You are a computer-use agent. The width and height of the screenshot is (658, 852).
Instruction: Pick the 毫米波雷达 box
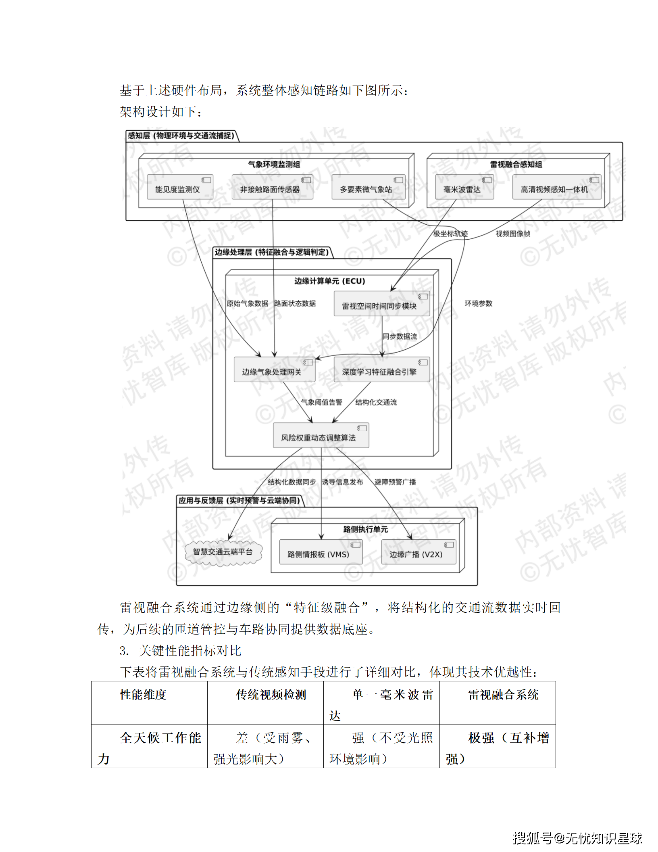click(x=464, y=187)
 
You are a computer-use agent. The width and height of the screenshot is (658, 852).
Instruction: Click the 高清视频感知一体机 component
click(x=556, y=187)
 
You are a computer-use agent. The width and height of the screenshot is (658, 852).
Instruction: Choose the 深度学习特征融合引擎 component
click(x=381, y=370)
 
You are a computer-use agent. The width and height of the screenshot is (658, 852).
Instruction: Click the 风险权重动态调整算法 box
click(x=321, y=436)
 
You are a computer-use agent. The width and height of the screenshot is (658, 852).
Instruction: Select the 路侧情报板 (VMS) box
click(x=321, y=552)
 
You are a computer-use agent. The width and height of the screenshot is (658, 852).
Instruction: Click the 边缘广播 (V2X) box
click(x=418, y=552)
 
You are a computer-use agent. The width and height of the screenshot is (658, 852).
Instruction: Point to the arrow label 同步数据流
click(x=400, y=336)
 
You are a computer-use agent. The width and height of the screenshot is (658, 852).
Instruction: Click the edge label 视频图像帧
click(x=512, y=234)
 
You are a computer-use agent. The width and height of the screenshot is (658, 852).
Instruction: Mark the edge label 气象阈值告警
click(x=321, y=402)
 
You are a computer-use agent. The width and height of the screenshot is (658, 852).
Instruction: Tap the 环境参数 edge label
click(x=478, y=303)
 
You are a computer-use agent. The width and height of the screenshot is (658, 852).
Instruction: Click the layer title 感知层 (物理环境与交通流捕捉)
click(x=181, y=136)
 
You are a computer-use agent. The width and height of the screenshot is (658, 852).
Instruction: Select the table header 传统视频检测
click(x=271, y=695)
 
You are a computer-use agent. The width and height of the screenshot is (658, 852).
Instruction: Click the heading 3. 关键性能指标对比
click(x=180, y=650)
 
